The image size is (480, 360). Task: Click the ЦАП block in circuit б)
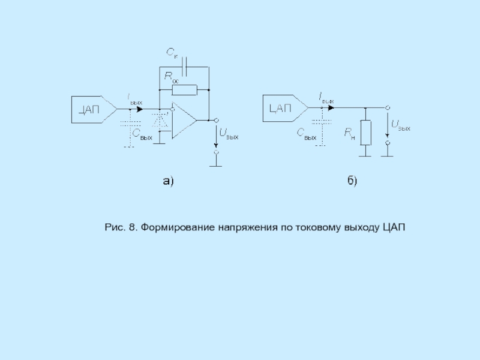click(x=281, y=109)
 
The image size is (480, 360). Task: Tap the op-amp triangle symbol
click(x=183, y=121)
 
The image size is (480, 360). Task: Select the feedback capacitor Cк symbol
click(x=185, y=63)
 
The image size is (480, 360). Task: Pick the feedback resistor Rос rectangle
click(x=184, y=90)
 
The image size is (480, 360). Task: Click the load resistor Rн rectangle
click(x=365, y=132)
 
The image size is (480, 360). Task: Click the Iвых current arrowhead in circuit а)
click(x=140, y=109)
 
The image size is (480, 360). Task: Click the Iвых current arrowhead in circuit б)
click(x=331, y=108)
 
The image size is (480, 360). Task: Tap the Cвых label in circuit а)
click(x=142, y=134)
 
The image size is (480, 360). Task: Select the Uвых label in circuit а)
click(x=228, y=135)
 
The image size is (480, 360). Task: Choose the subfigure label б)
click(x=351, y=180)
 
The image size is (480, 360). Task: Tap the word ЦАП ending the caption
click(x=394, y=228)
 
